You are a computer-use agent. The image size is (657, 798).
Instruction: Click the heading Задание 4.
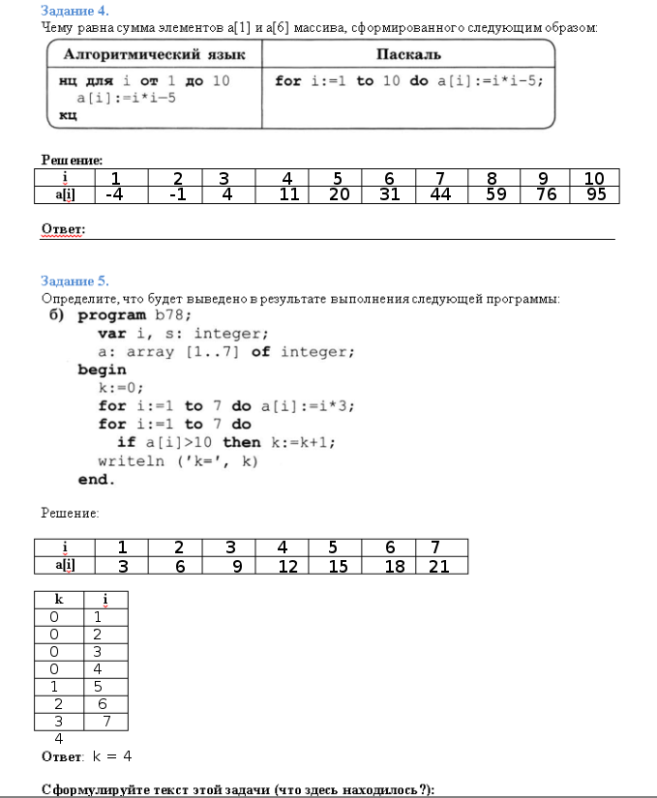(x=68, y=11)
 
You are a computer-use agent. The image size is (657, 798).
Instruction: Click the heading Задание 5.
(x=68, y=281)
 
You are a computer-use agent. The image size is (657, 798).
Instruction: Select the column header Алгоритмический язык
(x=153, y=54)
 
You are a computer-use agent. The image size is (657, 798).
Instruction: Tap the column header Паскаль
(x=408, y=54)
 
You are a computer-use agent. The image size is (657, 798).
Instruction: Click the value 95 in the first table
(x=594, y=195)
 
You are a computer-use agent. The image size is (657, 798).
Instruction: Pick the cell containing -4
(x=115, y=195)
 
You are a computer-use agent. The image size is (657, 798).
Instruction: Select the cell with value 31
(x=388, y=195)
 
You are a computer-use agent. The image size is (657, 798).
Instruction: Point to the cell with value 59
(x=493, y=195)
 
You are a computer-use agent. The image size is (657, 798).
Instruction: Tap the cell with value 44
(x=440, y=195)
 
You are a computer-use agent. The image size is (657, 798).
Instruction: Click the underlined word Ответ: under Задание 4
(x=63, y=229)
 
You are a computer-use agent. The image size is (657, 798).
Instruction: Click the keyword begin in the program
(x=102, y=369)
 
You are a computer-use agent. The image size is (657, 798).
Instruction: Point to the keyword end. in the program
(x=96, y=479)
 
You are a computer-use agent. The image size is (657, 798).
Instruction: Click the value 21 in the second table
(x=438, y=567)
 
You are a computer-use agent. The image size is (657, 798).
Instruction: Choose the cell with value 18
(x=394, y=567)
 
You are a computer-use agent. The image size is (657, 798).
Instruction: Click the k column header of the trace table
(x=59, y=600)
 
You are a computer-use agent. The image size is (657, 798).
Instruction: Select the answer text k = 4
(x=112, y=755)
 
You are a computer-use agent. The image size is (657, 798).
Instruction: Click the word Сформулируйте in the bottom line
(x=93, y=789)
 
